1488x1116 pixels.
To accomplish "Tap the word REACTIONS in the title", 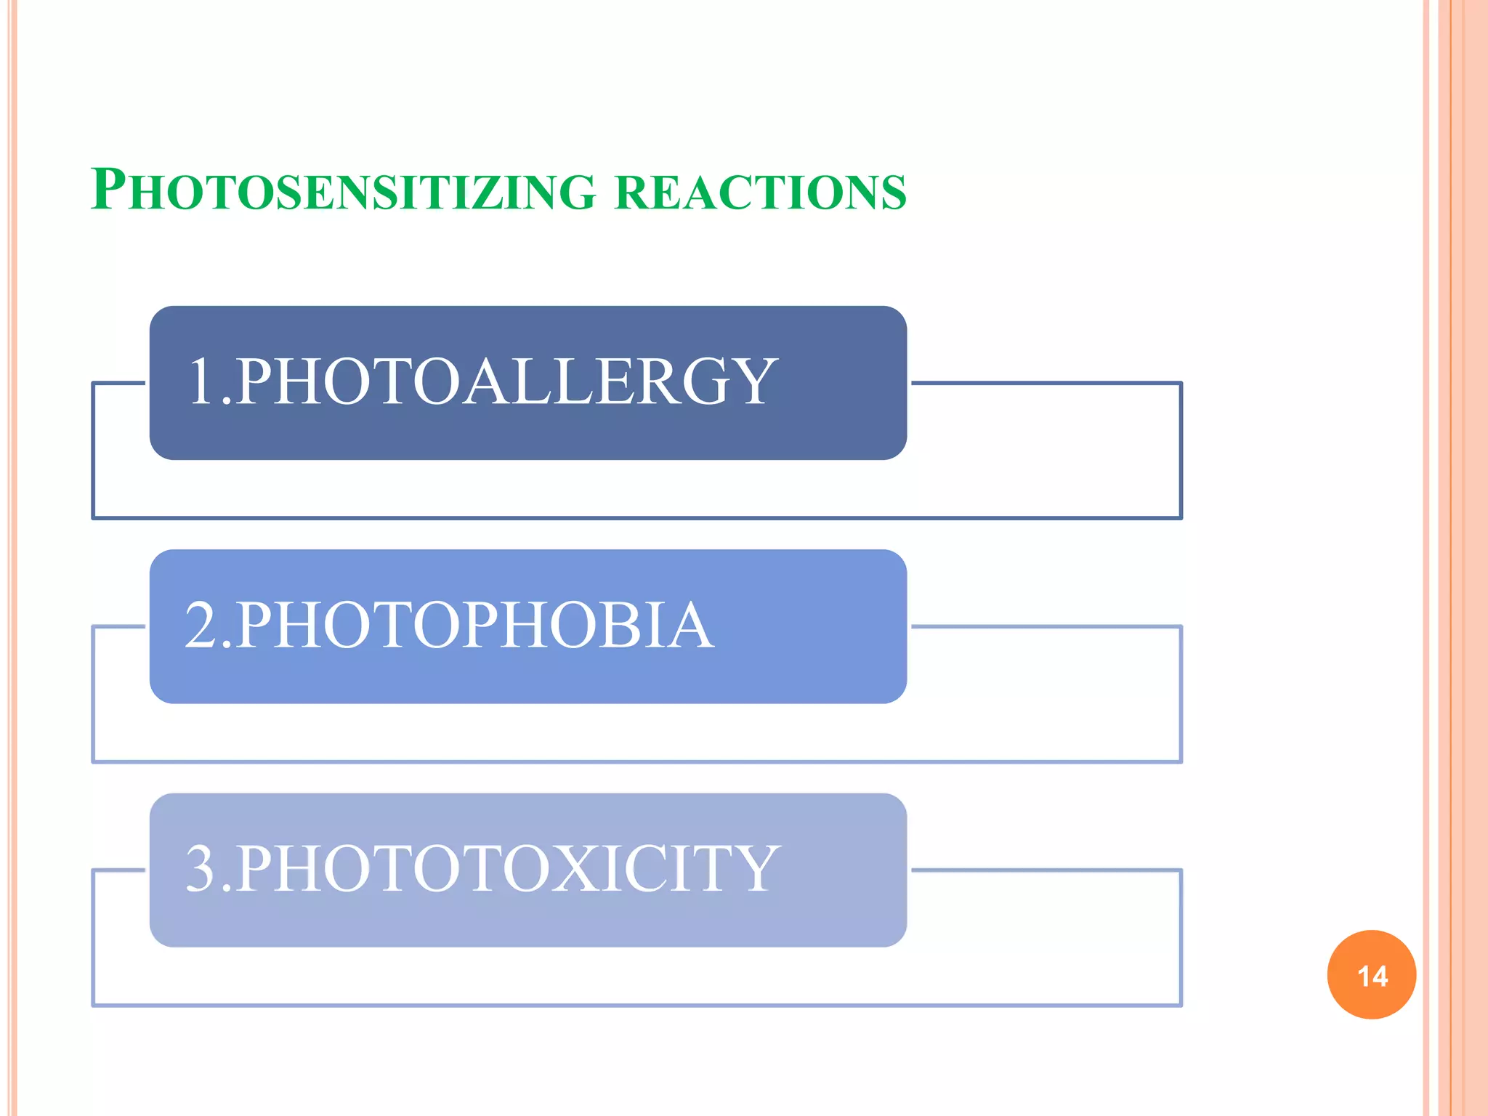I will pyautogui.click(x=760, y=193).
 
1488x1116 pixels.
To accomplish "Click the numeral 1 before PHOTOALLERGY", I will pyautogui.click(x=203, y=381).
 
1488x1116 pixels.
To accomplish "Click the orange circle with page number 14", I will pyautogui.click(x=1371, y=975).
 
